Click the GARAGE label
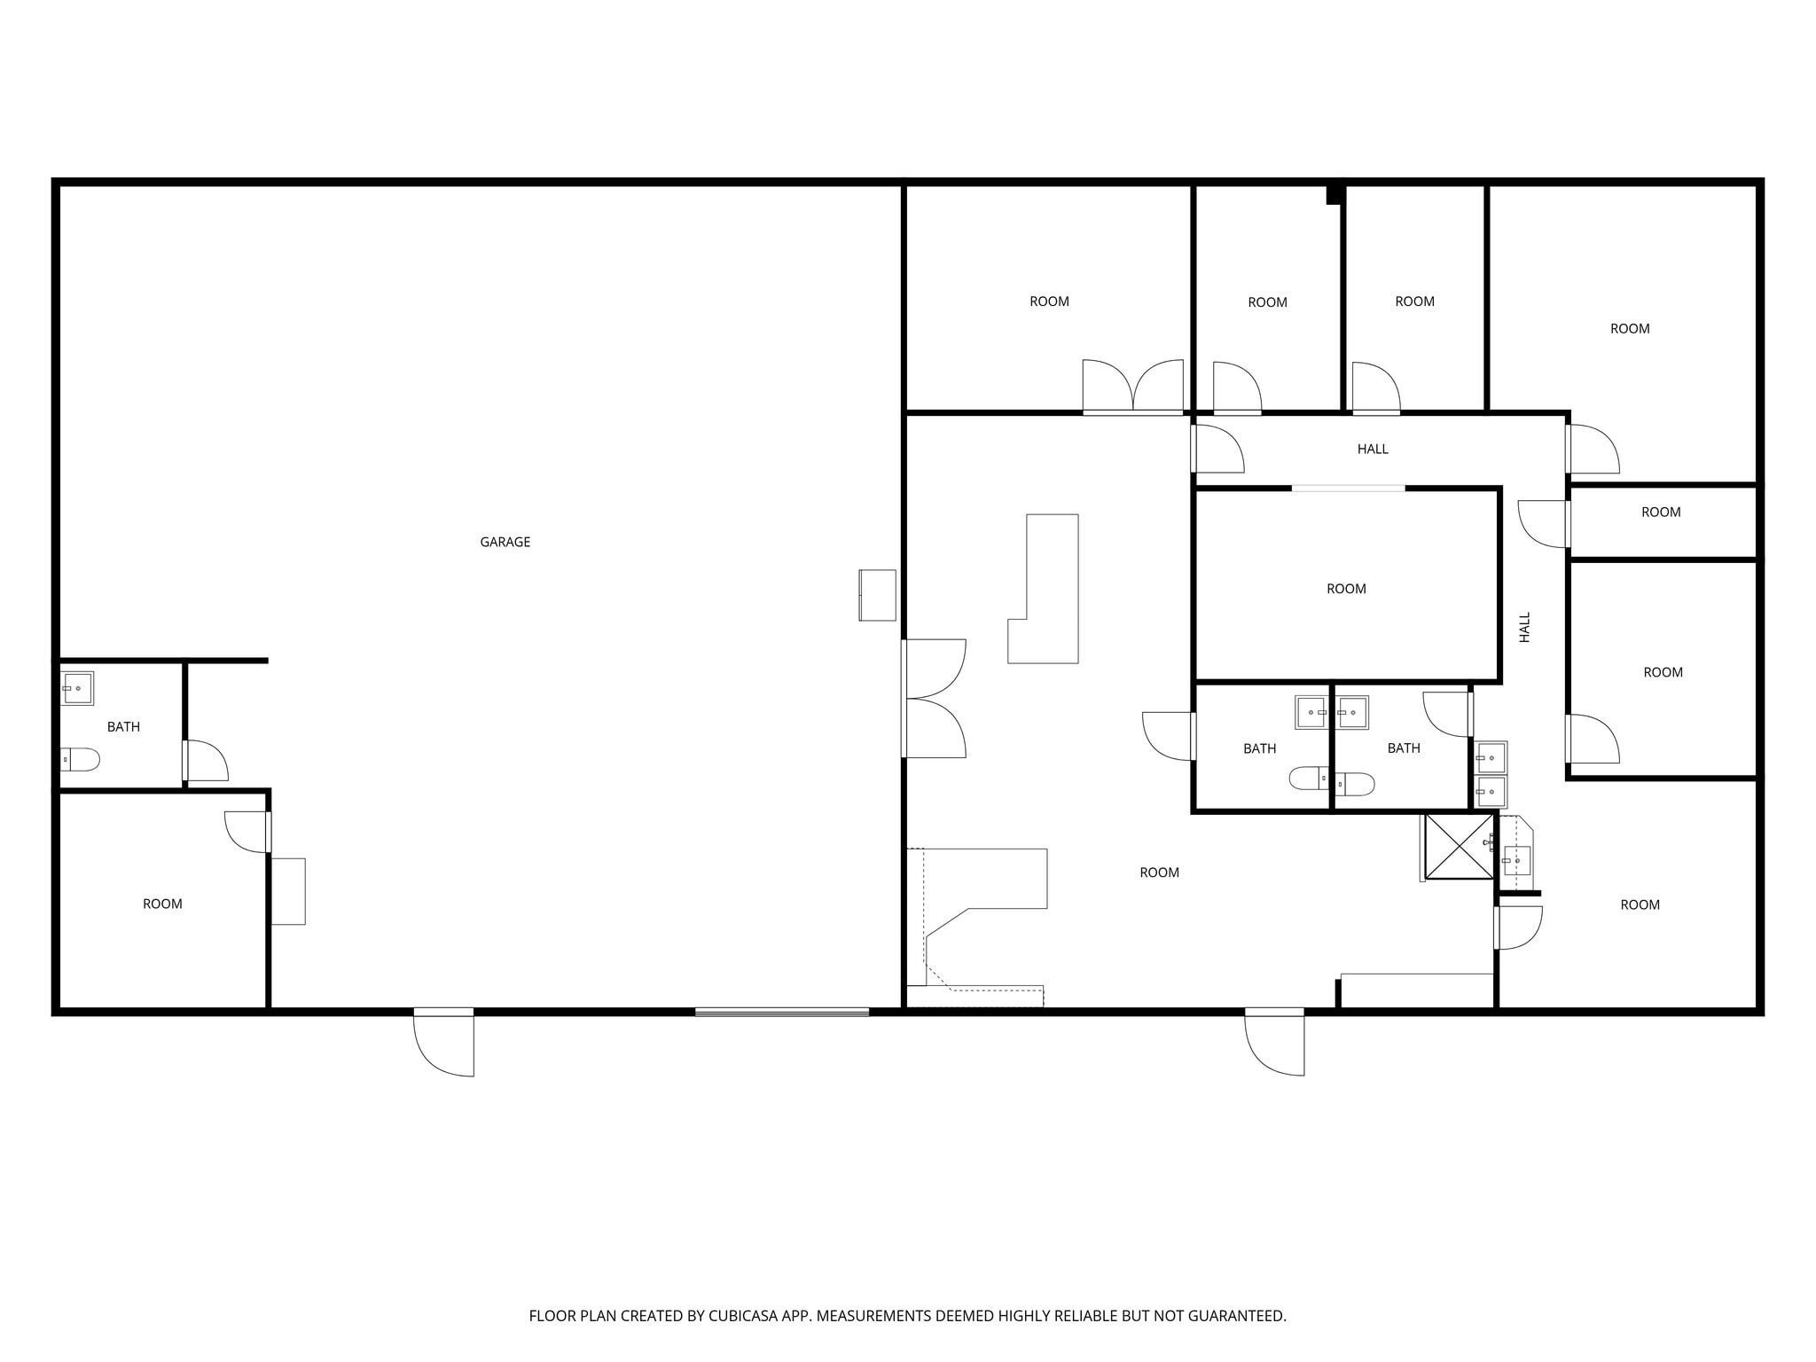click(505, 542)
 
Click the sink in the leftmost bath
click(77, 688)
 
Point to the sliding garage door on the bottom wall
click(781, 1012)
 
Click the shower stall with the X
click(1459, 846)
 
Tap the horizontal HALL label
click(1372, 449)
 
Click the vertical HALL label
click(1524, 627)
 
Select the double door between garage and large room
click(933, 699)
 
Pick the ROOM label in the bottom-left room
click(162, 904)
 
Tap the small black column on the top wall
click(1335, 195)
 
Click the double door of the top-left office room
click(1132, 388)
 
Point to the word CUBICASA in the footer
click(742, 1316)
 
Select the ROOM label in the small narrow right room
click(1661, 512)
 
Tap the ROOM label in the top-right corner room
click(1630, 328)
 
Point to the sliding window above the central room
click(1348, 488)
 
